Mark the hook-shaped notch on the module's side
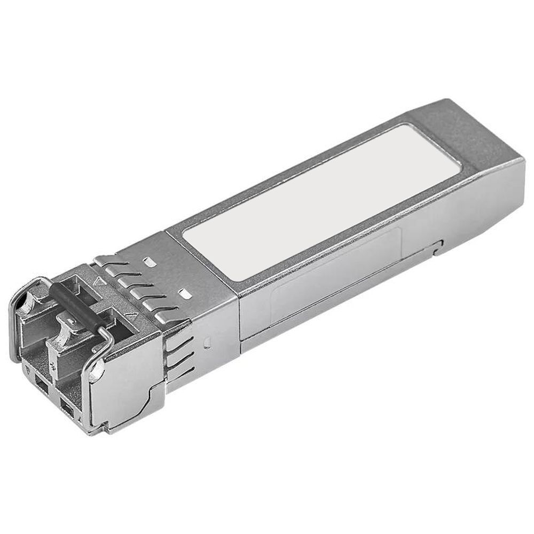(438, 247)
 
